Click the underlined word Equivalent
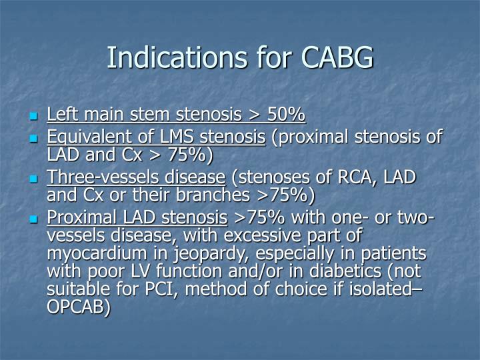(85, 137)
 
